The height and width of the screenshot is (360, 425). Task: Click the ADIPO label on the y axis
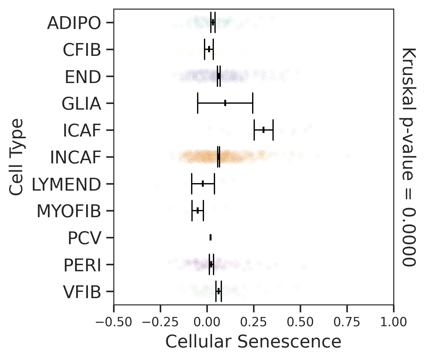coord(74,23)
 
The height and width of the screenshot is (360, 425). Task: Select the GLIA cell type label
coord(81,104)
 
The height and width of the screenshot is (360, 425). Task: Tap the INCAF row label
coord(75,157)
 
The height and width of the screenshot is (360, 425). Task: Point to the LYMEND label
coord(66,184)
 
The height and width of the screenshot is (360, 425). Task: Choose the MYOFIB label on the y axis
coord(69,211)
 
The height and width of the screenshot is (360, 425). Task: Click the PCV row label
coord(84,238)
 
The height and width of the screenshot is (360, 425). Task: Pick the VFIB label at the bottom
coord(82,292)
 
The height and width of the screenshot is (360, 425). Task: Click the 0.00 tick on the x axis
coord(207,322)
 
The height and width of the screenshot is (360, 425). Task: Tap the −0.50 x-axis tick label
coord(114,322)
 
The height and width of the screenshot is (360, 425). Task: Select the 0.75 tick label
coord(347,322)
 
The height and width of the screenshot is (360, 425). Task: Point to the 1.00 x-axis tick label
coord(394,322)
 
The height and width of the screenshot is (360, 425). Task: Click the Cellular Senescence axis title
coord(253,341)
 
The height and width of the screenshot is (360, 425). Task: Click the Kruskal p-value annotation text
coord(409,157)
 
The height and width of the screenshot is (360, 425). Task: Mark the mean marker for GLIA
coord(225,103)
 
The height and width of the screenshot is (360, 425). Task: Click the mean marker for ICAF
coord(263,130)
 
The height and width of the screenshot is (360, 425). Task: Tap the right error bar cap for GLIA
coord(253,103)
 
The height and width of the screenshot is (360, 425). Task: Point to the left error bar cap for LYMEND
coord(192,183)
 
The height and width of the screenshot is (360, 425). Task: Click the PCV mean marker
coord(211,238)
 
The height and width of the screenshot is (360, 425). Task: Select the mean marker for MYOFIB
coord(197,210)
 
